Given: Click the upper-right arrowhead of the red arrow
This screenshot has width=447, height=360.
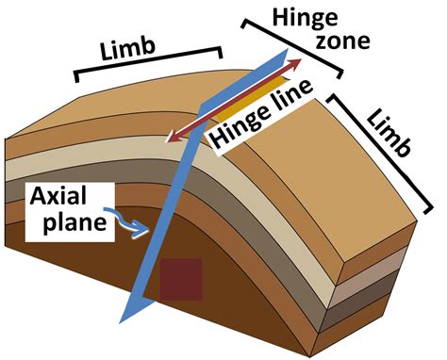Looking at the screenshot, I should click(x=300, y=61).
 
